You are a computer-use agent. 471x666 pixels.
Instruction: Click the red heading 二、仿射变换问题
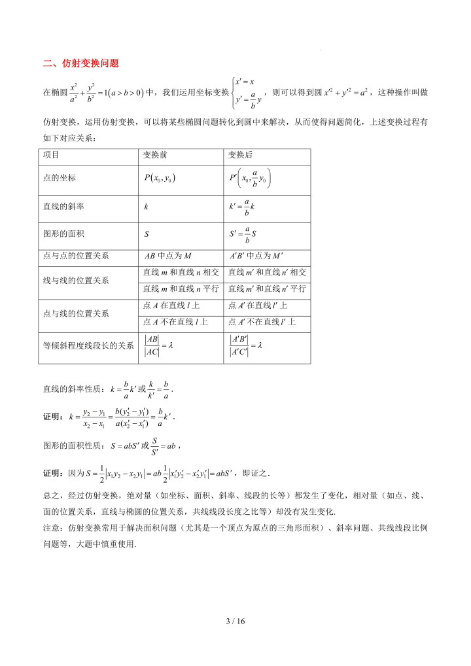tap(80, 63)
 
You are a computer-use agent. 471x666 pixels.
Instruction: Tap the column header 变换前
tap(158, 155)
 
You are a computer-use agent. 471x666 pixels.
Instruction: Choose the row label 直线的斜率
tap(63, 206)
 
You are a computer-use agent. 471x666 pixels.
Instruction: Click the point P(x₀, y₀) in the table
tap(160, 178)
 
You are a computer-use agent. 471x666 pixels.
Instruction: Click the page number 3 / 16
tap(235, 621)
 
